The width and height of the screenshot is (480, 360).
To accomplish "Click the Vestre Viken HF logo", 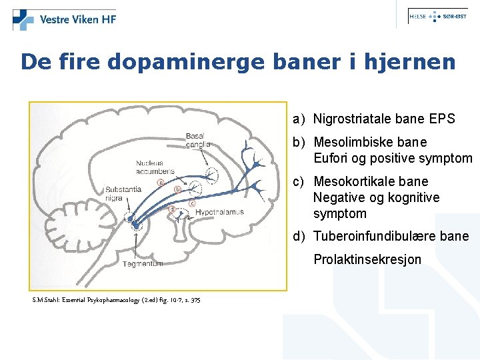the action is point(65,19).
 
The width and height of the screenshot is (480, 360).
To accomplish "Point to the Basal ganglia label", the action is point(198,140).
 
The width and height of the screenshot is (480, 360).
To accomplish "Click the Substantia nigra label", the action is point(123,193).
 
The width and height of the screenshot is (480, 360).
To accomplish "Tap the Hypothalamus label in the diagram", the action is point(219,212).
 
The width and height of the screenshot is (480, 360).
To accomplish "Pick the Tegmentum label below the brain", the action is point(142,264).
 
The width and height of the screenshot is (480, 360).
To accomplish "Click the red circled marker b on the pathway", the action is point(177,189).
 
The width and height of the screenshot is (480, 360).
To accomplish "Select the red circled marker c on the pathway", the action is point(192,203).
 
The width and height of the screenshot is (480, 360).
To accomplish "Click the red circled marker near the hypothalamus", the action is point(172,209).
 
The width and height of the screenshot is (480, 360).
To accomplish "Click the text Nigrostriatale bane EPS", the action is point(384,119).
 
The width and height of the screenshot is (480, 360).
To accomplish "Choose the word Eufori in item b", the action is point(331,159).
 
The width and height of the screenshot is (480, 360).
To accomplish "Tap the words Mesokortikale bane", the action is point(371,181).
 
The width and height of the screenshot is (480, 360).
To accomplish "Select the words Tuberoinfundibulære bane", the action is point(391,237).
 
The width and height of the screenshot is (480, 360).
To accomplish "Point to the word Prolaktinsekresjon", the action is point(367,259).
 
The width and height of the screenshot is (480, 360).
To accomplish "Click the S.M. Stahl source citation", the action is point(116,300).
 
